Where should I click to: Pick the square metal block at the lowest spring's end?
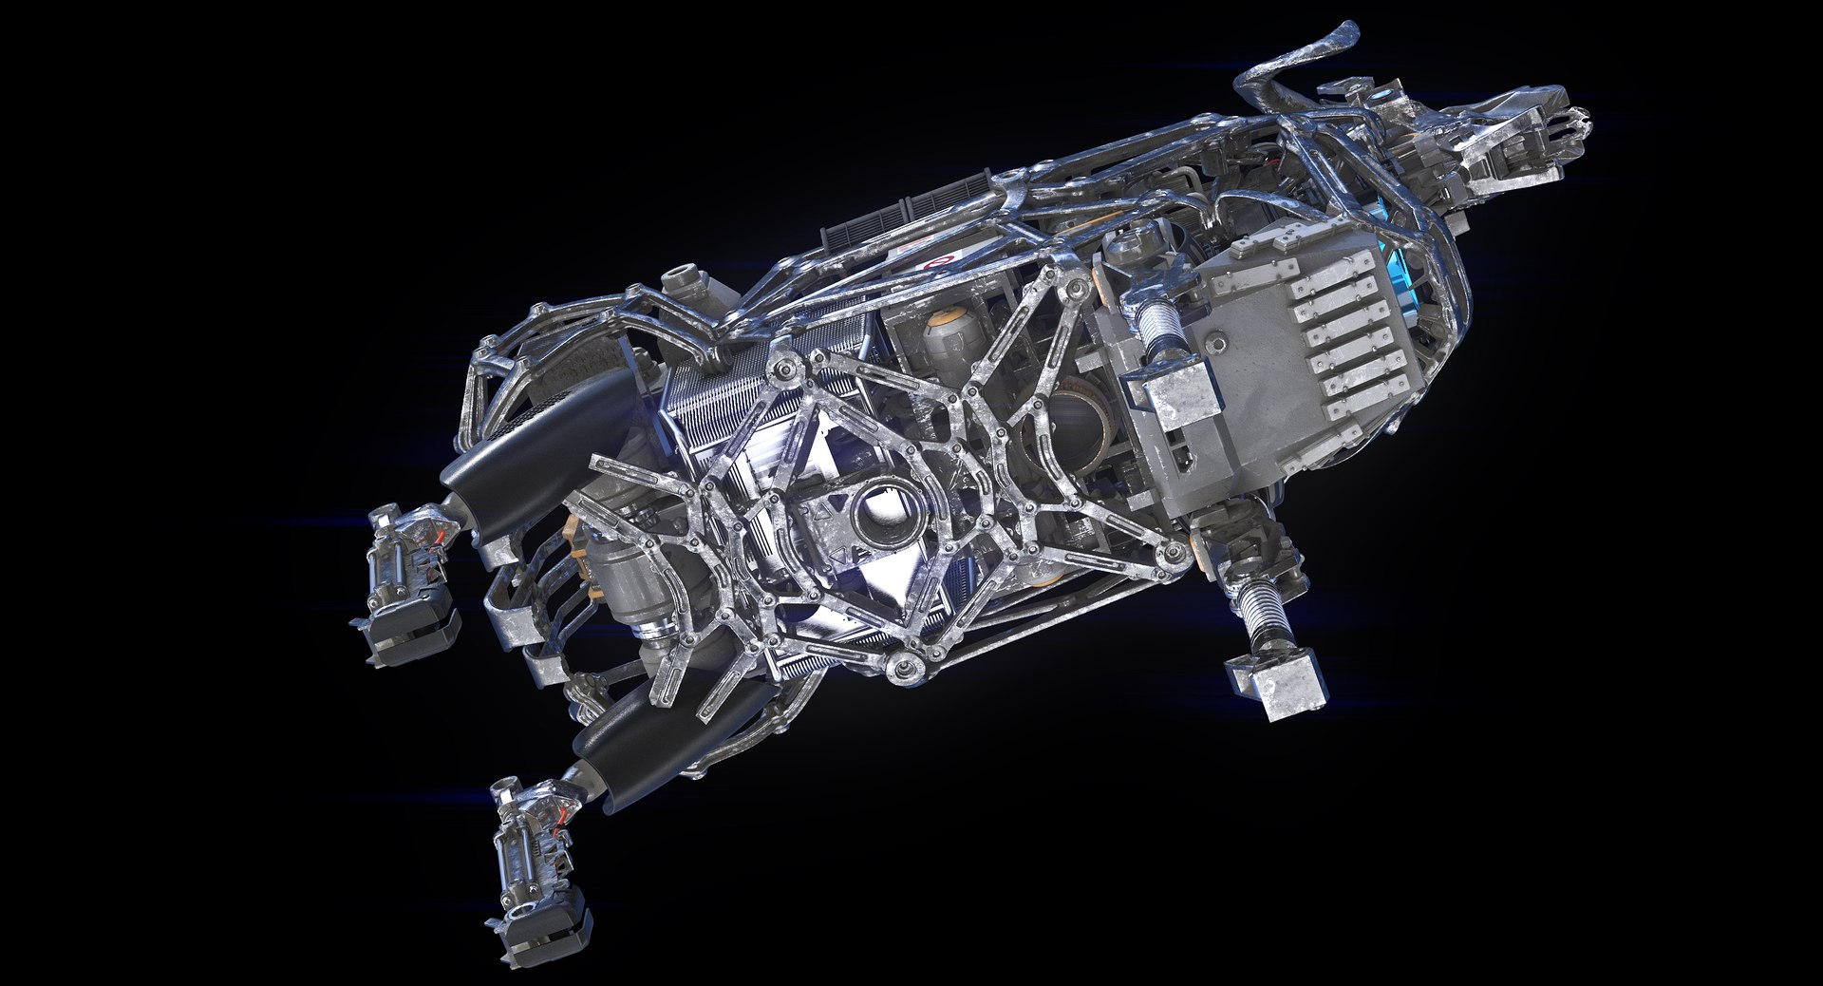[x=1267, y=681]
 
